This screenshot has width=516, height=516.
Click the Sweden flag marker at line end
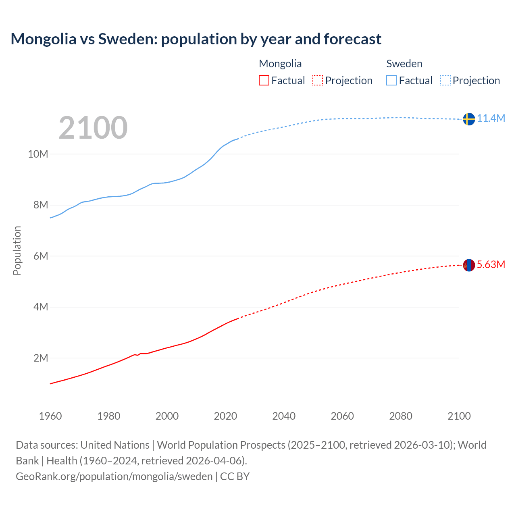coord(468,119)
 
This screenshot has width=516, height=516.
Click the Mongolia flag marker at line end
coord(468,265)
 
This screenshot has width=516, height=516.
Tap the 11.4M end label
coord(491,118)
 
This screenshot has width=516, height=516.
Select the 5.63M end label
coord(491,264)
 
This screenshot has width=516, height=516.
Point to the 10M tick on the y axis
coord(38,154)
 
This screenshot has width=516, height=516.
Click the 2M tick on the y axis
coord(40,358)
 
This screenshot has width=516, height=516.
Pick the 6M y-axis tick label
coord(40,256)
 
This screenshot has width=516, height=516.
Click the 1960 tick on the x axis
coord(50,416)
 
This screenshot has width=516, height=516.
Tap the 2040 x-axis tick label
coord(284,416)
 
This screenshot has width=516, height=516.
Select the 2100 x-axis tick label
coord(459,416)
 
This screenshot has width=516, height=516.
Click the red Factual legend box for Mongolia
coord(264,80)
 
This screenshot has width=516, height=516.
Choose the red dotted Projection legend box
coord(318,80)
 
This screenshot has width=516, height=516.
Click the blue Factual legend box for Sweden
coord(391,80)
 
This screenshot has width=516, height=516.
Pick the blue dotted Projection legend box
coord(445,80)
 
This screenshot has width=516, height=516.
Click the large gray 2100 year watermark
coord(93,128)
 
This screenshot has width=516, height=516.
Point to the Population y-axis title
coord(17,250)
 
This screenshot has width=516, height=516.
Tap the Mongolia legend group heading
coord(280,64)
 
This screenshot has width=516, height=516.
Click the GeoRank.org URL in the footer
coord(114,476)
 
